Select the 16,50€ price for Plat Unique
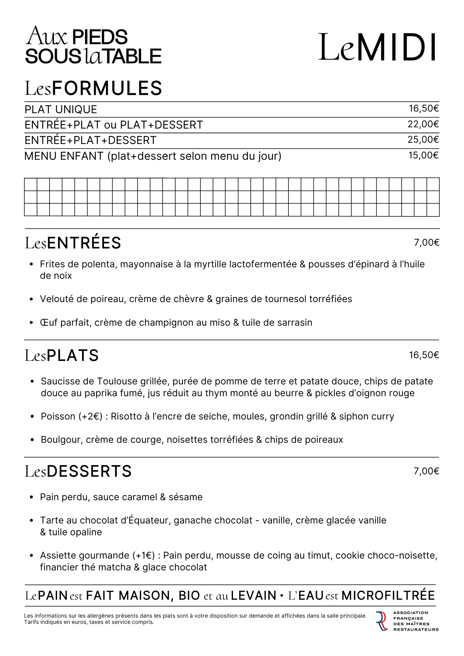tap(423, 109)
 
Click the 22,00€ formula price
tap(423, 124)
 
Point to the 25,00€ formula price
tap(423, 140)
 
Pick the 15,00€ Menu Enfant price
tap(423, 155)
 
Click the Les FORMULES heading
tap(94, 88)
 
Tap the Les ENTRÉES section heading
tap(73, 243)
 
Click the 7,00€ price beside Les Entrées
tap(426, 243)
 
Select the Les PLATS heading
tap(62, 356)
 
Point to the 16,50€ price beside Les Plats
tap(424, 355)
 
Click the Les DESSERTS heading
tap(78, 471)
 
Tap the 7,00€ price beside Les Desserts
tap(426, 471)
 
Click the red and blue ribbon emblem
tap(382, 621)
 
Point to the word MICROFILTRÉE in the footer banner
tap(388, 595)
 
